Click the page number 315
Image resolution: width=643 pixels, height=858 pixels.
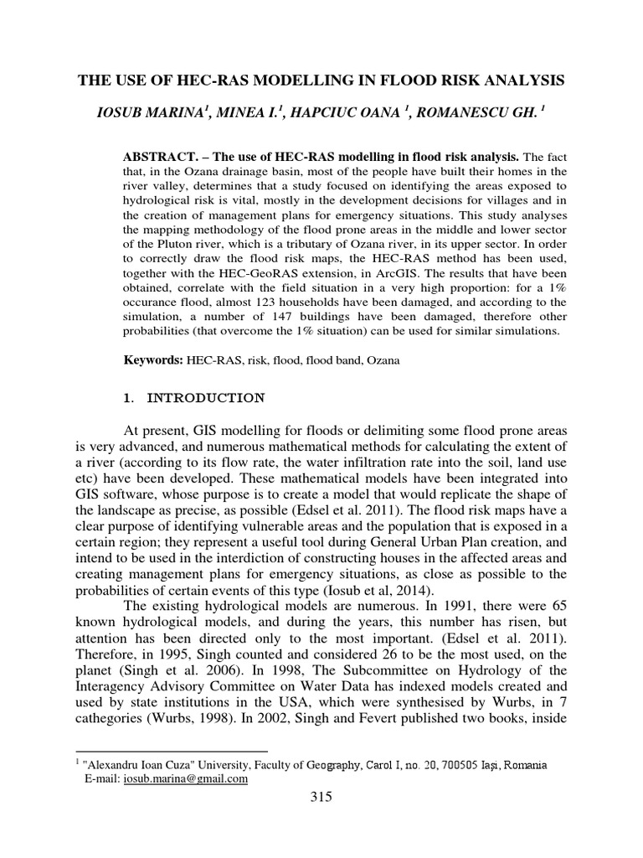(321, 797)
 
